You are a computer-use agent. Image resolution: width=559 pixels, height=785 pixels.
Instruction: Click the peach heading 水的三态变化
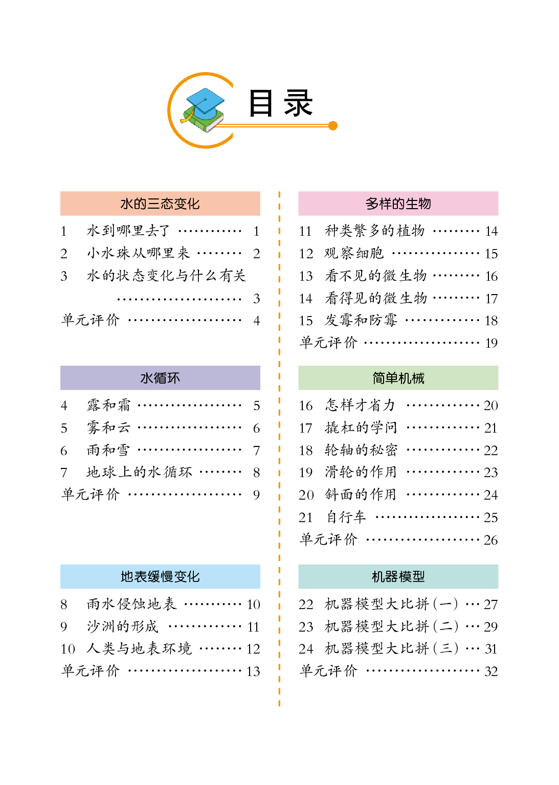coord(160,204)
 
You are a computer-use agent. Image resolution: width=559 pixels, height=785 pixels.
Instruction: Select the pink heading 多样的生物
coord(398,204)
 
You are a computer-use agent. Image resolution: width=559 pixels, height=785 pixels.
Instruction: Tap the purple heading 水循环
coord(160,378)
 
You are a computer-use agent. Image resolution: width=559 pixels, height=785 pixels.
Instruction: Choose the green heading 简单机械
coord(398,378)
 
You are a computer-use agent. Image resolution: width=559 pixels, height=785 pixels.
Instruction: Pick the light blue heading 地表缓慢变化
coord(160,576)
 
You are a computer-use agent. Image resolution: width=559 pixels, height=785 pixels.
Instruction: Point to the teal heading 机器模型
coord(398,576)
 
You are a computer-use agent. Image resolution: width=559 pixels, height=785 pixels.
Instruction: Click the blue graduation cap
coord(205,100)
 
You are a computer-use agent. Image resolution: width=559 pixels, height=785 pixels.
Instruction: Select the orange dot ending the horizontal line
coord(333,125)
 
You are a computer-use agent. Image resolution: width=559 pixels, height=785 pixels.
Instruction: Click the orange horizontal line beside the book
coord(276,125)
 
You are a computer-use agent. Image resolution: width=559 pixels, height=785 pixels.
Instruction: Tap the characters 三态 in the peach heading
coord(160,204)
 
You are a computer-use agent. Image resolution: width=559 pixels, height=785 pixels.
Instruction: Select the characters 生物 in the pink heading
coord(418,204)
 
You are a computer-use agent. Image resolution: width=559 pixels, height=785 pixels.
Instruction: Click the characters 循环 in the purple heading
coord(167,378)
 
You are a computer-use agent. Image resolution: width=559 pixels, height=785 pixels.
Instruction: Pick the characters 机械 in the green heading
coord(412,378)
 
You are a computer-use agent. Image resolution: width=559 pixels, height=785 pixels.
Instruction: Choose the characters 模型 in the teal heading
coord(412,576)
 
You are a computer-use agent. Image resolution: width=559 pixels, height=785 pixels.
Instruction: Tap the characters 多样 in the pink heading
coord(378,204)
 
